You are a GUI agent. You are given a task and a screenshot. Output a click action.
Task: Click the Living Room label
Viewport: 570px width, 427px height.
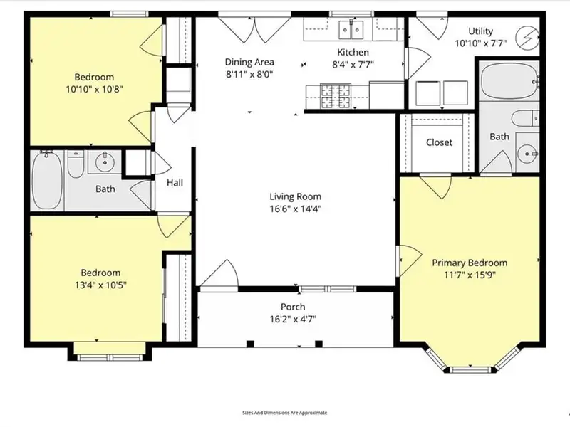pyautogui.click(x=295, y=196)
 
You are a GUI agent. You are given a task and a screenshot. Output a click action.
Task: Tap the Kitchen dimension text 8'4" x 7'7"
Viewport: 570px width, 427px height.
pyautogui.click(x=353, y=65)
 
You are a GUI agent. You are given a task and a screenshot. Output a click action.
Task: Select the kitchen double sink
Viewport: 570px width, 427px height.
pyautogui.click(x=351, y=29)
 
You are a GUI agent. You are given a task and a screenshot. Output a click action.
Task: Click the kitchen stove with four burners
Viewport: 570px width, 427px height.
pyautogui.click(x=335, y=96)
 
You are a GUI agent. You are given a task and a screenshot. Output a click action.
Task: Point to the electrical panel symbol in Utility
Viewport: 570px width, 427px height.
pyautogui.click(x=527, y=37)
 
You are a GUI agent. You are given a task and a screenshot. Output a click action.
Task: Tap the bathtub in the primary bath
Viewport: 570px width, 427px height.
pyautogui.click(x=509, y=81)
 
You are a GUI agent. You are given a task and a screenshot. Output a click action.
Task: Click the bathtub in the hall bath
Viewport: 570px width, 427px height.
pyautogui.click(x=47, y=181)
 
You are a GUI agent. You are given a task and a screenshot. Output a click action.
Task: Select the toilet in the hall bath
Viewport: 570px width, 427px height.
pyautogui.click(x=76, y=164)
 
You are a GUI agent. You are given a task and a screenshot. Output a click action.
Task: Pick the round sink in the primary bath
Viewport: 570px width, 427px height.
pyautogui.click(x=527, y=154)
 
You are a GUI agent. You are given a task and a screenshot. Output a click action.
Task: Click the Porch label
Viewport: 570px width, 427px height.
pyautogui.click(x=293, y=307)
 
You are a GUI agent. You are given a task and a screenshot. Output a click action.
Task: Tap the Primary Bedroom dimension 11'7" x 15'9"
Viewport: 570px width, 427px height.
pyautogui.click(x=470, y=275)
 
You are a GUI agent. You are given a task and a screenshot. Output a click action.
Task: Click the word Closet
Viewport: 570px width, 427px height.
pyautogui.click(x=439, y=142)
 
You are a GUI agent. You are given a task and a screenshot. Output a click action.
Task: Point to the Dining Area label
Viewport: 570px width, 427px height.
pyautogui.click(x=249, y=62)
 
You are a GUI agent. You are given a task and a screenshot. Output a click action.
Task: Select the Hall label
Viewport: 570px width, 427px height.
pyautogui.click(x=175, y=183)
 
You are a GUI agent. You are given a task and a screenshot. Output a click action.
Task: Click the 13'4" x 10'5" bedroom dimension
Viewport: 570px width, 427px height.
pyautogui.click(x=100, y=285)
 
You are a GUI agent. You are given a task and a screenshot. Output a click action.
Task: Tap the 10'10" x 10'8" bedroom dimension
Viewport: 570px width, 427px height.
pyautogui.click(x=94, y=90)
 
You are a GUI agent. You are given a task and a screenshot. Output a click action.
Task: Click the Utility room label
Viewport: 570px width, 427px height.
pyautogui.click(x=480, y=31)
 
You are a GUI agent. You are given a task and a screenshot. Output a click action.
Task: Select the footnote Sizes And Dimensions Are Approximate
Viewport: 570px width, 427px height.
pyautogui.click(x=284, y=413)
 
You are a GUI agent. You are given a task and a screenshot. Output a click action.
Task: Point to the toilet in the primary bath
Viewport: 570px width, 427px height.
pyautogui.click(x=525, y=118)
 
